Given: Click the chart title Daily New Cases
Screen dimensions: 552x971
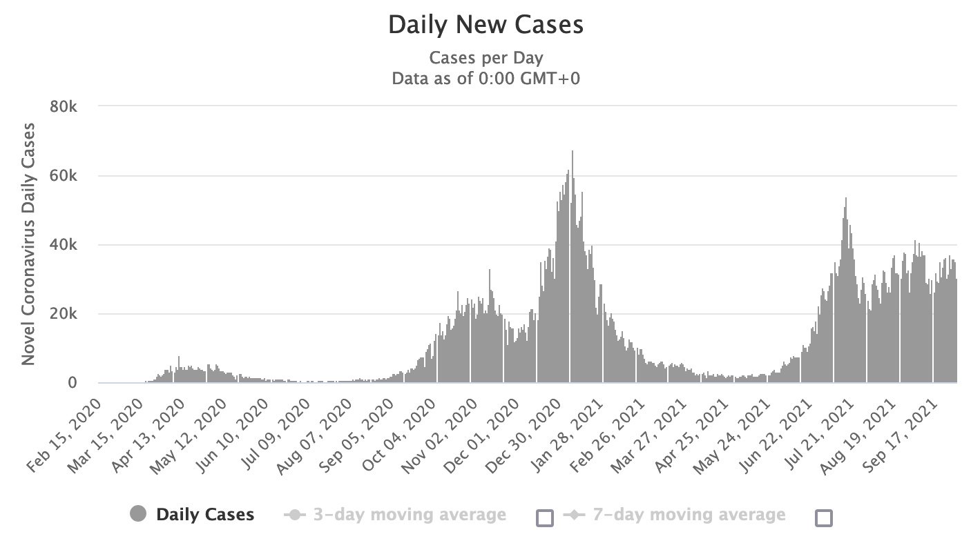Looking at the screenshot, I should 485,26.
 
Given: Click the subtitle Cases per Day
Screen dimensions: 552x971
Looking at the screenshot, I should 485,57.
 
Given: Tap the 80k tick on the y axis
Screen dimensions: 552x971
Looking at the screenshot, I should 71,106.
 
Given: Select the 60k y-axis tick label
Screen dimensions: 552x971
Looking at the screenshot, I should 71,176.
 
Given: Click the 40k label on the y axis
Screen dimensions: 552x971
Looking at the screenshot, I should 71,245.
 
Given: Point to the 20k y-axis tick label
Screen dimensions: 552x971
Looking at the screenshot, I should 71,314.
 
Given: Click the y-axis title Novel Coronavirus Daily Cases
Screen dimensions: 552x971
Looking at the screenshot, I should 29,244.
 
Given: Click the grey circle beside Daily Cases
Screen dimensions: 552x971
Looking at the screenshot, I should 138,514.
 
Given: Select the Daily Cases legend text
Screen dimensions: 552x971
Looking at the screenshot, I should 205,515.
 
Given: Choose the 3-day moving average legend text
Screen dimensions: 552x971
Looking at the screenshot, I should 410,515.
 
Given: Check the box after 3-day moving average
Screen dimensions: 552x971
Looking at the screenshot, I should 545,517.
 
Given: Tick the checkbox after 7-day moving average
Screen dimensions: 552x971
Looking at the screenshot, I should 824,517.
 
